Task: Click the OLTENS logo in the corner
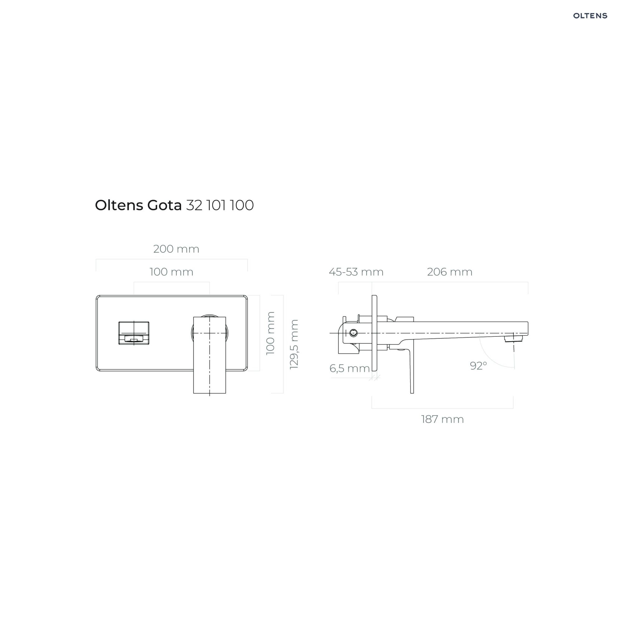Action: point(590,16)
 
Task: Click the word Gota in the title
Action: point(164,205)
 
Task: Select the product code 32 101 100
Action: point(220,205)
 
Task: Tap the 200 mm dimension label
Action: point(176,249)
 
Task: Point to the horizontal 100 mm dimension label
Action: point(171,272)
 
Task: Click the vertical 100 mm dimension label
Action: point(270,333)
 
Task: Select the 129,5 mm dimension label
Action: point(294,345)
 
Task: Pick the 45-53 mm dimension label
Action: point(356,272)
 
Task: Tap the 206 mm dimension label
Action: point(449,272)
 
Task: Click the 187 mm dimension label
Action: point(442,419)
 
